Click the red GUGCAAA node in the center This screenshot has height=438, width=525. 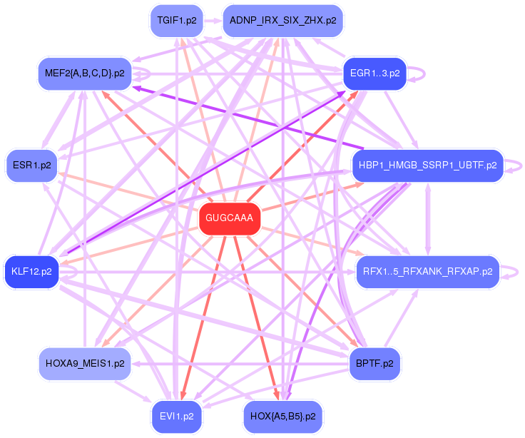pyautogui.click(x=229, y=218)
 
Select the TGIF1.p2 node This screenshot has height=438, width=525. pyautogui.click(x=177, y=21)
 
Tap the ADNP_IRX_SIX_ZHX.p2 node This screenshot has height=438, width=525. pyautogui.click(x=283, y=21)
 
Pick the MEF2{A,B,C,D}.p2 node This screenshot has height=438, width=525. pyautogui.click(x=84, y=73)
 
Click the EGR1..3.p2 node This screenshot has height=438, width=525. pyautogui.click(x=374, y=73)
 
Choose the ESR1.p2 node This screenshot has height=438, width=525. pyautogui.click(x=32, y=165)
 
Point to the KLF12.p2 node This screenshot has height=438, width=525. pyautogui.click(x=31, y=271)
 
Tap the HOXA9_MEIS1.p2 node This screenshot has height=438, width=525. pyautogui.click(x=84, y=363)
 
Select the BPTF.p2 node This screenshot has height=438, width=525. pyautogui.click(x=374, y=363)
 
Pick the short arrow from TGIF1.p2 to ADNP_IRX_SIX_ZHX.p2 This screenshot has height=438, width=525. pyautogui.click(x=213, y=21)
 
